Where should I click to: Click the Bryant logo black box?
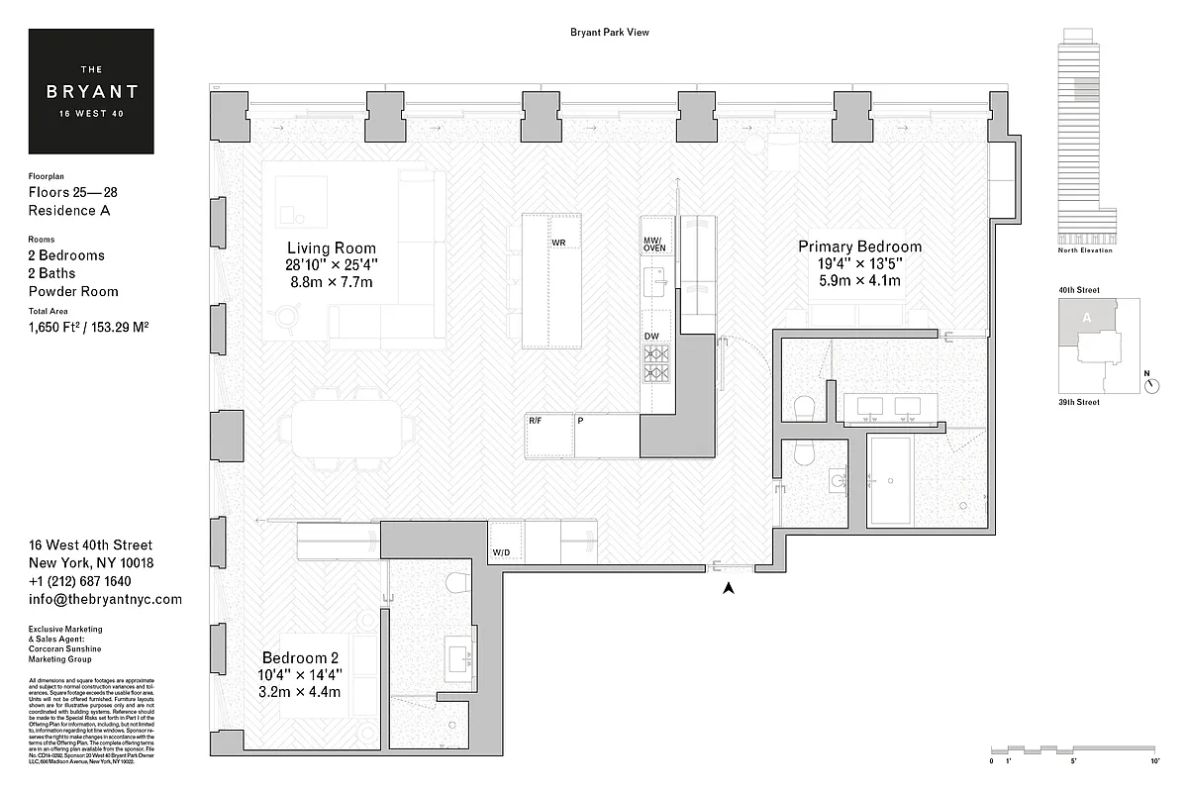(x=91, y=91)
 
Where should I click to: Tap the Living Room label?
(x=331, y=247)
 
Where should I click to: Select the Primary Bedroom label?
(x=859, y=247)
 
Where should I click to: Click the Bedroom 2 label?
(x=300, y=658)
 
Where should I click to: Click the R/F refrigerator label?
(x=535, y=422)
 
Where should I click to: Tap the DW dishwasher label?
(x=651, y=338)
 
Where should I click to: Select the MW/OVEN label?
(x=654, y=246)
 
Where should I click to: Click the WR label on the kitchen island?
(x=558, y=243)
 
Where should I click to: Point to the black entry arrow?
(x=729, y=588)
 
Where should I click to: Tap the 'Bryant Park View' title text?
(x=609, y=33)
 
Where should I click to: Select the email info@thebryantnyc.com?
(x=105, y=599)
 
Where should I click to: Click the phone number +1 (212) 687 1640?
(x=79, y=581)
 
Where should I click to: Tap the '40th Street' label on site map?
(x=1078, y=291)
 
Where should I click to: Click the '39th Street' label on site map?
(x=1078, y=402)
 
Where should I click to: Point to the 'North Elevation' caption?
(x=1084, y=250)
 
